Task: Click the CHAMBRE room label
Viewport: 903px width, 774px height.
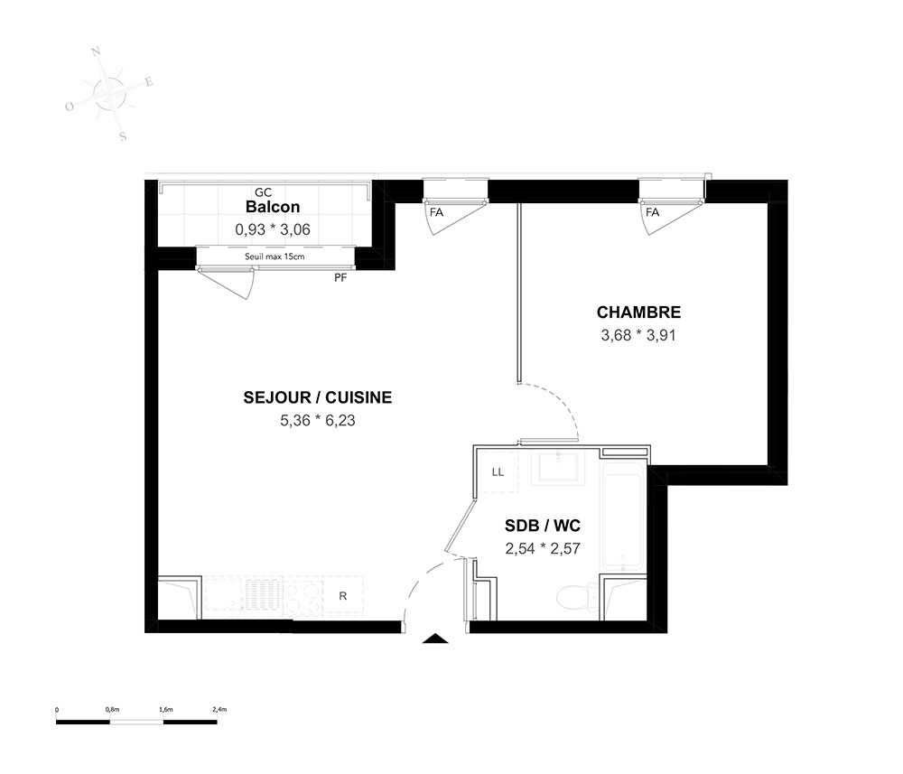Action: pyautogui.click(x=638, y=312)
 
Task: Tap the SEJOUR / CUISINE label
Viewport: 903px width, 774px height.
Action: pyautogui.click(x=317, y=397)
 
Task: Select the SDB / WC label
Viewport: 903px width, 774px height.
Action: pyautogui.click(x=543, y=526)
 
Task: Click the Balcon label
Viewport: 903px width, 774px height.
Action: pyautogui.click(x=273, y=207)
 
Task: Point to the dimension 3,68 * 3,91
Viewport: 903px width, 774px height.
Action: pyautogui.click(x=638, y=335)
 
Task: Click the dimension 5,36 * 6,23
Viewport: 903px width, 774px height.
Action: pyautogui.click(x=317, y=420)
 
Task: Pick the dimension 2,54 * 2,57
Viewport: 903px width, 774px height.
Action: pyautogui.click(x=543, y=548)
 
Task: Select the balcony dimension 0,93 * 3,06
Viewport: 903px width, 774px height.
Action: pyautogui.click(x=273, y=229)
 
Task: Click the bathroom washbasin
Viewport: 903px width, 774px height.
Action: pyautogui.click(x=559, y=467)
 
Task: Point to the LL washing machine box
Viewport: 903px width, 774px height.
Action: pyautogui.click(x=498, y=472)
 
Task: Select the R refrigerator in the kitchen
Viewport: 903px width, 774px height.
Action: pyautogui.click(x=342, y=596)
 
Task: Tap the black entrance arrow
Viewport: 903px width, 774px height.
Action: pyautogui.click(x=436, y=639)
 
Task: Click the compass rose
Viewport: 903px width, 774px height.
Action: pyautogui.click(x=109, y=93)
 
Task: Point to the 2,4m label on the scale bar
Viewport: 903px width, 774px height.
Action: pyautogui.click(x=219, y=710)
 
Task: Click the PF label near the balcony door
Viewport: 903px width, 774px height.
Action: pyautogui.click(x=340, y=278)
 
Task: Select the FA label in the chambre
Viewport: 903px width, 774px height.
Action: pyautogui.click(x=652, y=212)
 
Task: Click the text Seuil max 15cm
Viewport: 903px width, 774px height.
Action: pyautogui.click(x=275, y=256)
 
